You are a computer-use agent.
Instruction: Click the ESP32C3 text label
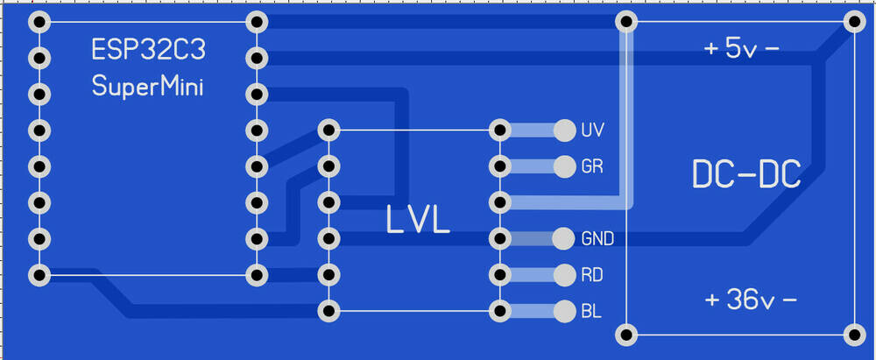tap(149, 50)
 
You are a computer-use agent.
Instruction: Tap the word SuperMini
tap(147, 87)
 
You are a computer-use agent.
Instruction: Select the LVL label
tap(418, 219)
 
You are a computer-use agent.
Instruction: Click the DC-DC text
tap(745, 175)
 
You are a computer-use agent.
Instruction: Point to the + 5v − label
tap(742, 50)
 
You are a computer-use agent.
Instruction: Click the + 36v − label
tap(751, 300)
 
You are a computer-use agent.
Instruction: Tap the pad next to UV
tap(563, 131)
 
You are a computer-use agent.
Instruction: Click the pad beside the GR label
tap(563, 166)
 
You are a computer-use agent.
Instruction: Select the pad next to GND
tap(563, 238)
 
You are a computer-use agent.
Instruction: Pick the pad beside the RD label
tap(563, 275)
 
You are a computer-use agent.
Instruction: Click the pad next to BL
tap(563, 311)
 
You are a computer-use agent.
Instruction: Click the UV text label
tap(591, 131)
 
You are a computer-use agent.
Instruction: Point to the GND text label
tap(597, 238)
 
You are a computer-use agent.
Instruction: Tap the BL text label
tap(590, 311)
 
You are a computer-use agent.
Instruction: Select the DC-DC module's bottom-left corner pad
tap(625, 334)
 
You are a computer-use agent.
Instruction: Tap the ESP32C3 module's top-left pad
tap(38, 22)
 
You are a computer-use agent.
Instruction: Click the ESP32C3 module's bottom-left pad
tap(38, 275)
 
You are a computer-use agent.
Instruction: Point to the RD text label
tap(591, 275)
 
